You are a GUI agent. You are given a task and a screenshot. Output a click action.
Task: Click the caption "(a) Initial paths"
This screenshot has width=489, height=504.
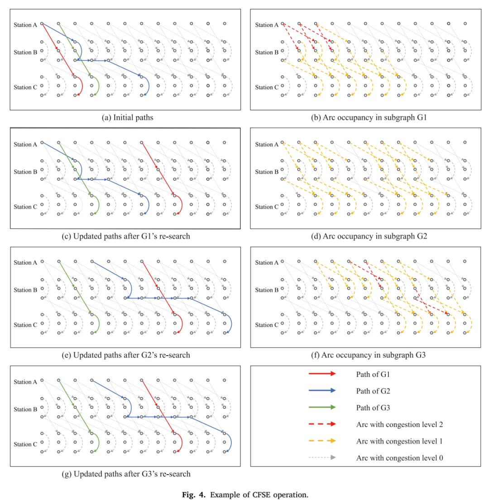[127, 118]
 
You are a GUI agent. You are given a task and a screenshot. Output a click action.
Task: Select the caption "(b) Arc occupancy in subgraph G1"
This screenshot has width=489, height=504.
[369, 118]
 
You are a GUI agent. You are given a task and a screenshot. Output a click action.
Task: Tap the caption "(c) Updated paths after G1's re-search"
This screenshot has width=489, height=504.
[126, 236]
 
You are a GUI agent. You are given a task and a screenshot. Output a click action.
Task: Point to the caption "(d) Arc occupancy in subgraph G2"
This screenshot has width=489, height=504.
[369, 236]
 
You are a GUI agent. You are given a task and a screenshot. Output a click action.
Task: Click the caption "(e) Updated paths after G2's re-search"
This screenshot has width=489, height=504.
[126, 355]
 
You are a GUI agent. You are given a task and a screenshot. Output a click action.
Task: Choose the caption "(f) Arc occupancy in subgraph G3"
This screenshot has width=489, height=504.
[369, 355]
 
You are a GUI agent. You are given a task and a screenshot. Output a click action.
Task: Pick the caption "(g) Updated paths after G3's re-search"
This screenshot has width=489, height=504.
[126, 474]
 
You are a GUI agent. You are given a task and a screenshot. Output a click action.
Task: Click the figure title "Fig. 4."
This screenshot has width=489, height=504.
[194, 494]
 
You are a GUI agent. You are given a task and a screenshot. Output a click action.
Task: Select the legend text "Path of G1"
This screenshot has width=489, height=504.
[373, 375]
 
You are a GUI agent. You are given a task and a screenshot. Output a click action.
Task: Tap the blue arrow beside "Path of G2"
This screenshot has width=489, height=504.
[322, 390]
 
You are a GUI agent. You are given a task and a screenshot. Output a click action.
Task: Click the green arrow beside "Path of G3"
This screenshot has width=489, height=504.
[322, 407]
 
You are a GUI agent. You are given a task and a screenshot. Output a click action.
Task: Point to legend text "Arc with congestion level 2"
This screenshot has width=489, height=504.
[399, 425]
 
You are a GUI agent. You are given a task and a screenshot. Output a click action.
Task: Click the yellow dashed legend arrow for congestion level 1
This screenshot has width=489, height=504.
[322, 441]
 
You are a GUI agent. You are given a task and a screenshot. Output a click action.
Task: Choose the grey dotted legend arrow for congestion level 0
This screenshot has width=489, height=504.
[322, 457]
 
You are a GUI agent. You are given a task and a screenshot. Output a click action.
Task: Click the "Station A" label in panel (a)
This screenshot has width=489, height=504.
[25, 25]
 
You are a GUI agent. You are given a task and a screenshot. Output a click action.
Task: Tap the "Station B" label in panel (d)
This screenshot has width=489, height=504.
[267, 172]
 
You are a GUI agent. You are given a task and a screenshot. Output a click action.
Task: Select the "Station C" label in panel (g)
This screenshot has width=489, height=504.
[25, 445]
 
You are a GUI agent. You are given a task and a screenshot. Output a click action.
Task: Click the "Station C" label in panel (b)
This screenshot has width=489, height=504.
[267, 87]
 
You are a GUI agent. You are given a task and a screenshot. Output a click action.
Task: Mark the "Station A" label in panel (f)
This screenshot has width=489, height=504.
[267, 262]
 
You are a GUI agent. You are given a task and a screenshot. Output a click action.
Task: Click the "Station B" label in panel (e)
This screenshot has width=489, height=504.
[25, 290]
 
